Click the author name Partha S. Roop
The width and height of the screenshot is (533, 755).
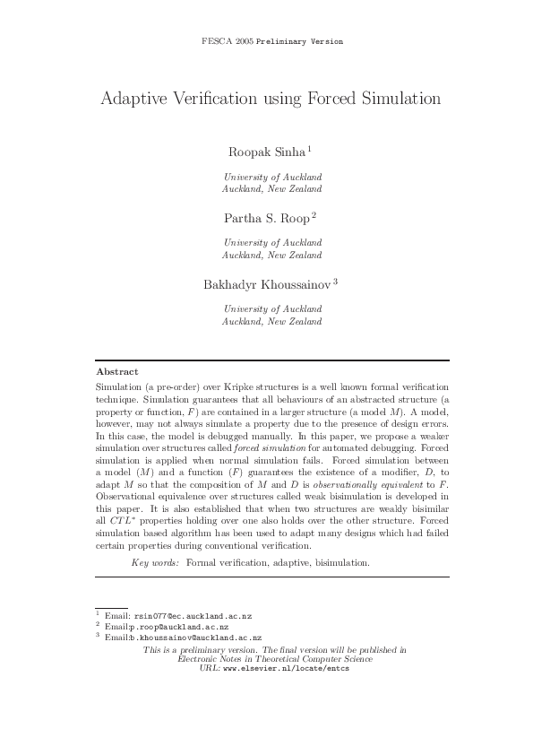tap(266, 217)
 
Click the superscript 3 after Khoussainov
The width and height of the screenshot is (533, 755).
tap(335, 281)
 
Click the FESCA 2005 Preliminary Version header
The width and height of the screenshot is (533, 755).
tap(271, 42)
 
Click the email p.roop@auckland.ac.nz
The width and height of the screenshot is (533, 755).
tap(179, 627)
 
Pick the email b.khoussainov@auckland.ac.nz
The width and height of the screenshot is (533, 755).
tap(194, 637)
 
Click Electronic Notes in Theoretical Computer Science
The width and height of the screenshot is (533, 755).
tap(275, 658)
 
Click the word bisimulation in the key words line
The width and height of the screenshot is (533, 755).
tap(340, 562)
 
